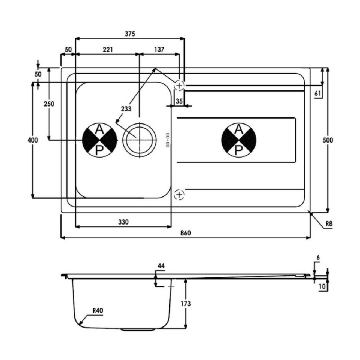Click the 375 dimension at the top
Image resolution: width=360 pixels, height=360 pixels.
pos(130,34)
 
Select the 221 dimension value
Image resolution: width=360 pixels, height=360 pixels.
pos(107,49)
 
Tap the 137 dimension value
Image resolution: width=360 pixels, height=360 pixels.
pos(159,49)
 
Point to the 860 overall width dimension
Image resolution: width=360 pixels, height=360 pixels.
pos(186,233)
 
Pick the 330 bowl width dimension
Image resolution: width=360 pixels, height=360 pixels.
pos(123,222)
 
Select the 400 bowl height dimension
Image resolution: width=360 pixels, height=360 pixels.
pos(32,140)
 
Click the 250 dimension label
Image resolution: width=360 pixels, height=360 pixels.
pos(49,104)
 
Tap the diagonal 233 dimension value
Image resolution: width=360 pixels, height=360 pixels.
pos(126,108)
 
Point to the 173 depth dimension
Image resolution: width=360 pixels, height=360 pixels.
pos(186,304)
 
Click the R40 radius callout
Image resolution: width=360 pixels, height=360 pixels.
pos(98,310)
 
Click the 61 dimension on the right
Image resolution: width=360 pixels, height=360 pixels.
pos(318,93)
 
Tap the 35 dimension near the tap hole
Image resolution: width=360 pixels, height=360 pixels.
pos(179,101)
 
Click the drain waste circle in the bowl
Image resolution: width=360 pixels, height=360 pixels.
pos(139,140)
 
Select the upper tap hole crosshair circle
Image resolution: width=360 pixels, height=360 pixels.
pos(179,85)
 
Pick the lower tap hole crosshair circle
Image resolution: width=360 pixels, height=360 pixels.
pos(179,195)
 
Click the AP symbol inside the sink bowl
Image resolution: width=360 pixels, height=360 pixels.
pos(100,140)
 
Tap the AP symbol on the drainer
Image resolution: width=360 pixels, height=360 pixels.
pos(239,140)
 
